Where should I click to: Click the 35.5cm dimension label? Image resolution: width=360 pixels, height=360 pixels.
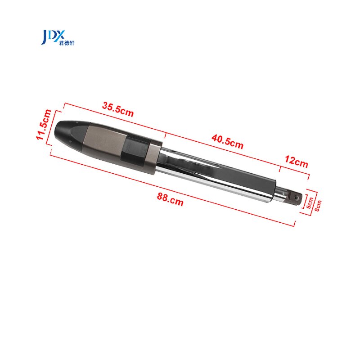click(x=118, y=110)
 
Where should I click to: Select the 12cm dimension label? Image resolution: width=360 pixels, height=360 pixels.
click(x=296, y=161)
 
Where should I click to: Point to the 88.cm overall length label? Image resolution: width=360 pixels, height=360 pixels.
click(x=170, y=198)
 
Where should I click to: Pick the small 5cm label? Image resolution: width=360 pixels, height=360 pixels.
click(x=309, y=201)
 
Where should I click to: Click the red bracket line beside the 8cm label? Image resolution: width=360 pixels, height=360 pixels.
click(x=313, y=201)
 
